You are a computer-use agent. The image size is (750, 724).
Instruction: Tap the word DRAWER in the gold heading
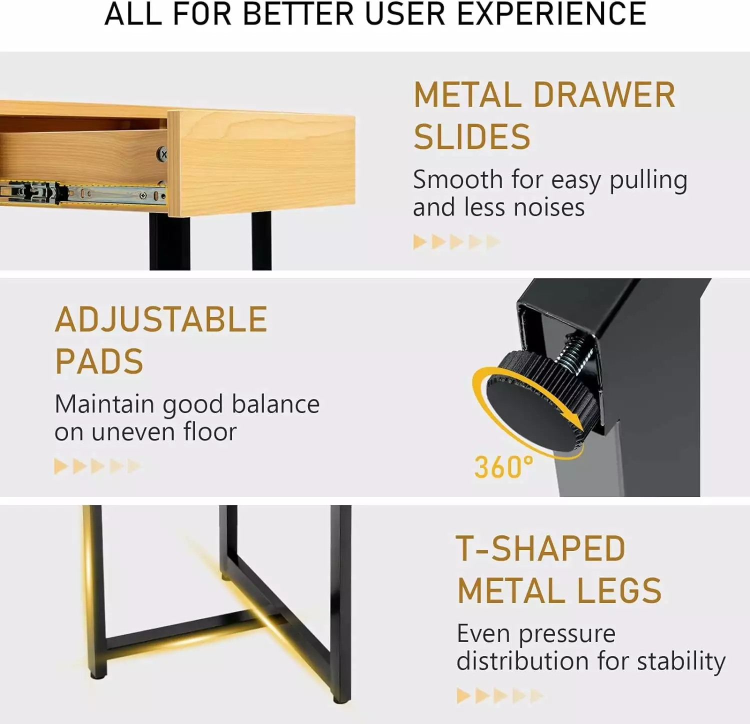[604, 95]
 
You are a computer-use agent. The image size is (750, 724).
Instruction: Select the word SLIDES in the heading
[472, 137]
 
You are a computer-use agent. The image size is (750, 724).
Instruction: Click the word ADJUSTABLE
[161, 319]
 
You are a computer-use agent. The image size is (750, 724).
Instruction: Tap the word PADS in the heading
[99, 361]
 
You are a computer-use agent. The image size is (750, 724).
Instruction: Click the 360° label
[503, 467]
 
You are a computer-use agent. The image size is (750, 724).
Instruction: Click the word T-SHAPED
[540, 549]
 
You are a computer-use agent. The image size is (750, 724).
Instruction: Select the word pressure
[566, 634]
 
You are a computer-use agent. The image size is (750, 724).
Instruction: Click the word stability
[681, 661]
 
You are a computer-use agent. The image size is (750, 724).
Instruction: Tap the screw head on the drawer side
[162, 154]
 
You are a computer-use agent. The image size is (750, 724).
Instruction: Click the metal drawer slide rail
[82, 192]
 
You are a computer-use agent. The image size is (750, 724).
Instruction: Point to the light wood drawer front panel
[261, 163]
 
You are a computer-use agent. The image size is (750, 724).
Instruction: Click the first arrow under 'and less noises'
[420, 242]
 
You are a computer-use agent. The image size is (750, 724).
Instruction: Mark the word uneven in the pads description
[133, 432]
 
